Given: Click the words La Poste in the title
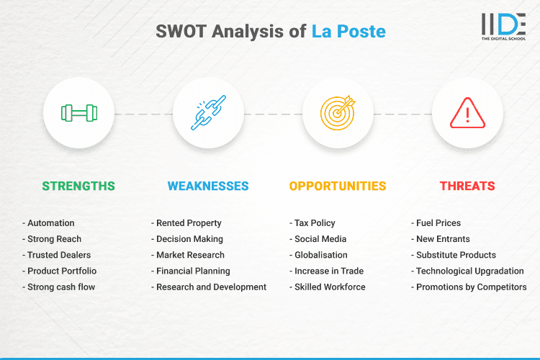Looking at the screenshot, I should coord(348,31).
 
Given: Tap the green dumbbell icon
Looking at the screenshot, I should coord(78,113).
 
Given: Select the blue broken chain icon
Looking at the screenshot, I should coord(208,113).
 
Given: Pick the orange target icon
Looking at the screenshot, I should coord(338,113).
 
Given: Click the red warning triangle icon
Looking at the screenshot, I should coord(467,113).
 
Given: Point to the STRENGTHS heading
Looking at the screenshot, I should coord(78,186).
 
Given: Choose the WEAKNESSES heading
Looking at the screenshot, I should coord(208,186).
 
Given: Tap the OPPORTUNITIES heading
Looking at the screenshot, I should coord(338,186).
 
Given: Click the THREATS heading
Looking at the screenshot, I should coord(467,186).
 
